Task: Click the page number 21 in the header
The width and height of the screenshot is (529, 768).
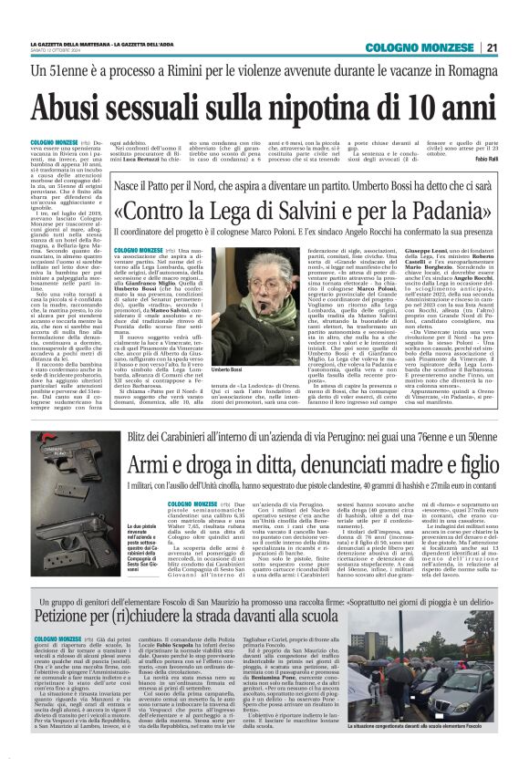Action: coord(492,48)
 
